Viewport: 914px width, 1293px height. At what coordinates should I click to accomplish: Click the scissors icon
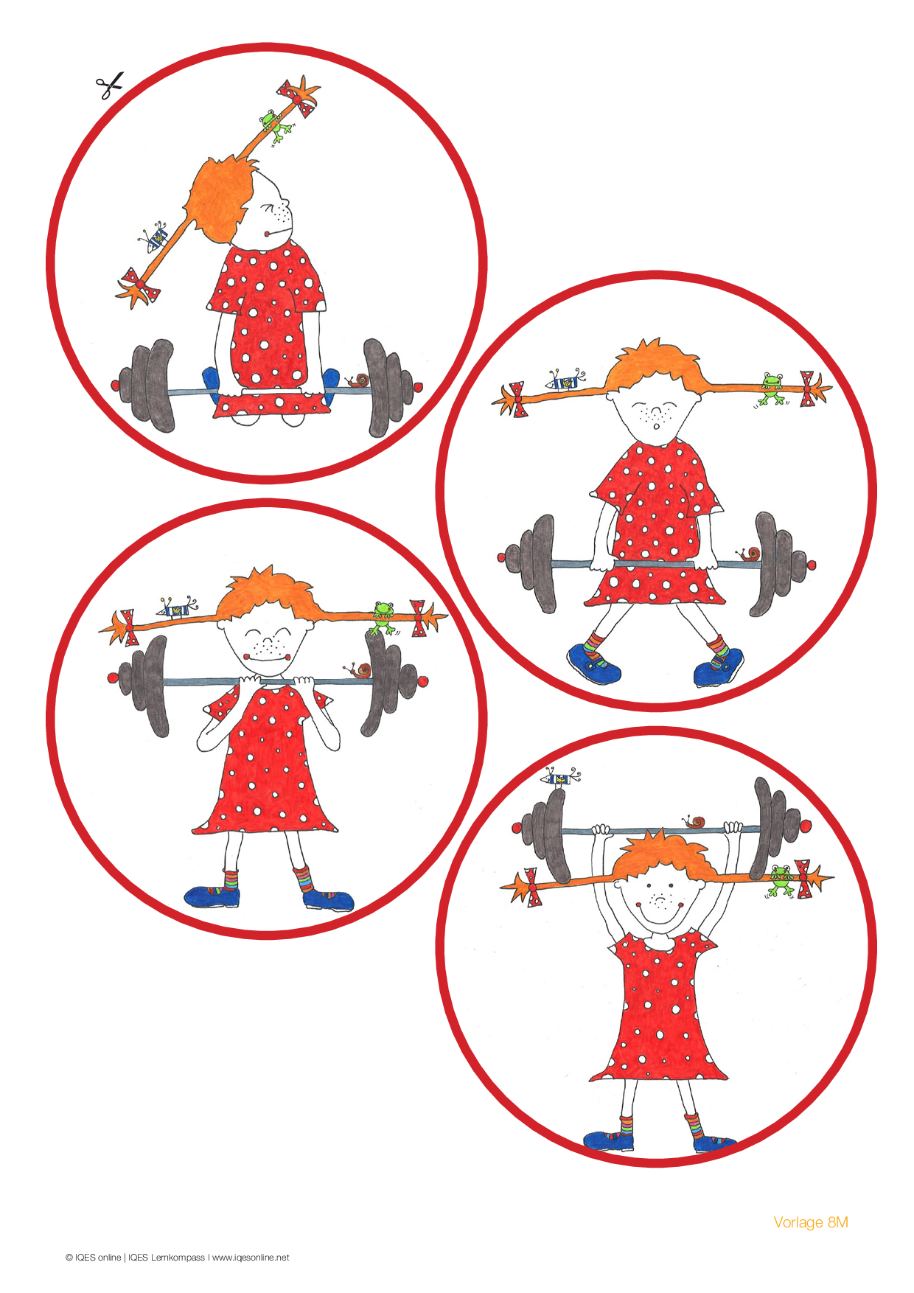coord(109,86)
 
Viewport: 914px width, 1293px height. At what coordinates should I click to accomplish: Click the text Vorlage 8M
coord(811,1222)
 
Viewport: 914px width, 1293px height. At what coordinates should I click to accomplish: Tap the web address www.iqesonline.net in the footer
coord(251,1258)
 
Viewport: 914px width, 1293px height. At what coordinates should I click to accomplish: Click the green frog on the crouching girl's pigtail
coord(276,125)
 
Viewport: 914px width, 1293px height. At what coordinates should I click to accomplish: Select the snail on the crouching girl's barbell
coord(358,381)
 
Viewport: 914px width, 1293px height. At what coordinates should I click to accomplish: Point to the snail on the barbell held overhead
coord(694,821)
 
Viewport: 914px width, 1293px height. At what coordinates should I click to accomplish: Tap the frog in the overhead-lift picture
coord(780,880)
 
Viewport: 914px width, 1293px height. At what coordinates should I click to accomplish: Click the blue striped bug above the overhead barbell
coord(561,777)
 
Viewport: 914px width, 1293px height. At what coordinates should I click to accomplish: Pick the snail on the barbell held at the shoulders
coord(360,670)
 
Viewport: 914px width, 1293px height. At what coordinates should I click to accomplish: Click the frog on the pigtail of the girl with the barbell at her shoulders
coord(383,618)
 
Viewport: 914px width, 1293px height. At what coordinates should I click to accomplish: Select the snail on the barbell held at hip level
coord(750,554)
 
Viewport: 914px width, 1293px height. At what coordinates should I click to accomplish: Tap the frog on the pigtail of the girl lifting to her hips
coord(772,388)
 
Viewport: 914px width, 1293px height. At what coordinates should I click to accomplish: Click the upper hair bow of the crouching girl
coord(299,97)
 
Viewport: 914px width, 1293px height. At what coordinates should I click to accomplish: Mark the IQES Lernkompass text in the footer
coord(166,1258)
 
